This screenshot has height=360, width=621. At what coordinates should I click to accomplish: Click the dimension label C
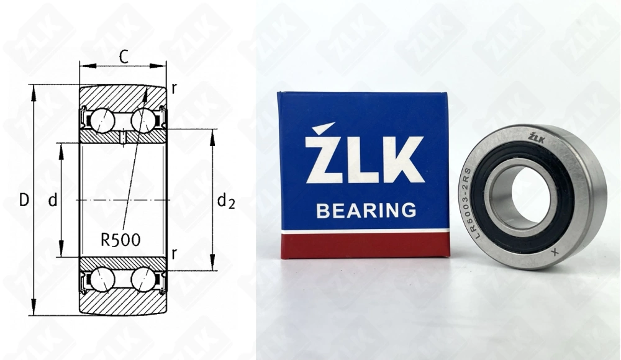tap(124, 57)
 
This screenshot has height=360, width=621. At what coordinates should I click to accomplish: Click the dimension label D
tap(24, 200)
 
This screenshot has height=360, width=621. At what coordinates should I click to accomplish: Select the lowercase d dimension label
tap(53, 200)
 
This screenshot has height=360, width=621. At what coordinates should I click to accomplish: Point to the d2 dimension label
tap(226, 200)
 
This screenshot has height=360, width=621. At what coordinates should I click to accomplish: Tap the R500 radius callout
tap(120, 238)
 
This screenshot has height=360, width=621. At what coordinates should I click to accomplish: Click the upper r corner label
tap(174, 88)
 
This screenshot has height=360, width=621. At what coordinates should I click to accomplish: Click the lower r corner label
tap(174, 253)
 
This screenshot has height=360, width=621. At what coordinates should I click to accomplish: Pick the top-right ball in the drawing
tap(143, 118)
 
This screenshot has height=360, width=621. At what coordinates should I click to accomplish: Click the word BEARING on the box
tap(366, 210)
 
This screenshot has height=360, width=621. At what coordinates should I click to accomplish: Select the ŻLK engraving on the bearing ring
tap(536, 138)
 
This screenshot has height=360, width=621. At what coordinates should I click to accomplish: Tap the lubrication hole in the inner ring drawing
tap(124, 136)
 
